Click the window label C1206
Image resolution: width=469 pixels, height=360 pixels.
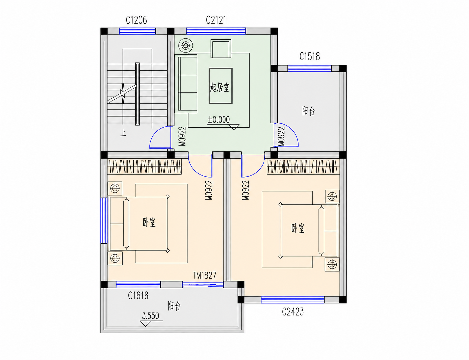136,20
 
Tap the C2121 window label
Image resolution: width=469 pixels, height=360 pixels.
216,20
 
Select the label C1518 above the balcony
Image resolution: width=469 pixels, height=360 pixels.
309,56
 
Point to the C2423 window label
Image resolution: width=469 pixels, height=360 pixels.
293,312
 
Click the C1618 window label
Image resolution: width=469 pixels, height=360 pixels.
138,295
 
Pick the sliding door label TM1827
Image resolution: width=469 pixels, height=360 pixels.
205,275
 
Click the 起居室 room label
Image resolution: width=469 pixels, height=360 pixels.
220,87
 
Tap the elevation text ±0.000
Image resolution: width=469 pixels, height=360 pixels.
219,120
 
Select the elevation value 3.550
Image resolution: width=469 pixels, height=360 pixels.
150,316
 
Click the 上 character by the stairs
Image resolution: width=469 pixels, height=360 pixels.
123,133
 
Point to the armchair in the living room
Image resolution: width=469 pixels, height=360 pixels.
221,48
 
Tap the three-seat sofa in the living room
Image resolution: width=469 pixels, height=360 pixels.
186,84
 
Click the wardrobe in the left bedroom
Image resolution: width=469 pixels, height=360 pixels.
144,166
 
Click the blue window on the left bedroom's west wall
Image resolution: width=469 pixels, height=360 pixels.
104,221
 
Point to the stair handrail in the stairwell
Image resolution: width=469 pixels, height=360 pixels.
137,94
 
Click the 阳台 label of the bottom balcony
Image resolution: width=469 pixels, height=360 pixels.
174,306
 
